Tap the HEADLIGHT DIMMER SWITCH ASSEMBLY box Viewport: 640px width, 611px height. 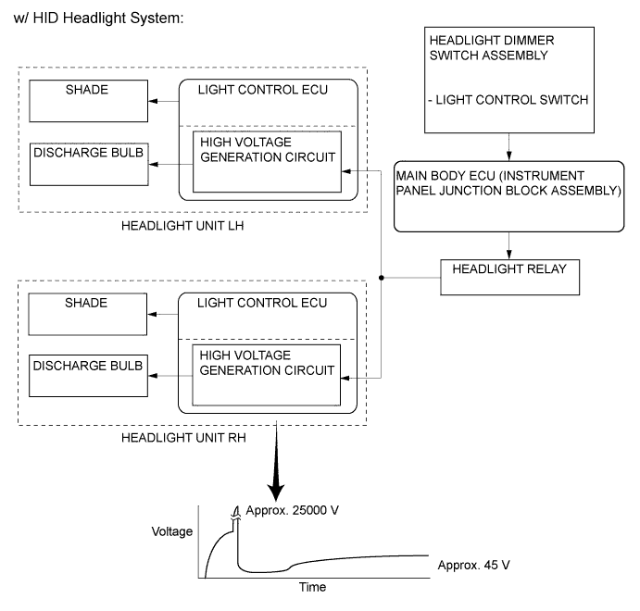507,81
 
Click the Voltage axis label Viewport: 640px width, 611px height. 171,531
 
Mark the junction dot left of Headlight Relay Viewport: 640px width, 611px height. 382,276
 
